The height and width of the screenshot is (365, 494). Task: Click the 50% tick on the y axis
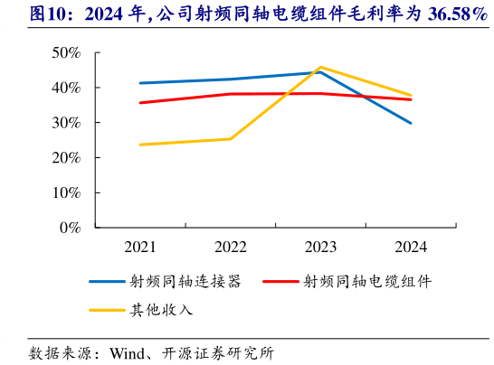tap(65, 53)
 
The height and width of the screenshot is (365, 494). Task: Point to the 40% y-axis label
tap(65, 89)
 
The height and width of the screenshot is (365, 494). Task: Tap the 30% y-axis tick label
tap(65, 123)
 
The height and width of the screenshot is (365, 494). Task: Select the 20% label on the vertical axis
tap(65, 158)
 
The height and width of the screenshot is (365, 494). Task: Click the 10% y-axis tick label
tap(65, 192)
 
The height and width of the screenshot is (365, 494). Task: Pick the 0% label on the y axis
tap(70, 228)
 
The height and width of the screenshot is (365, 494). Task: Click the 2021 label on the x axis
tap(139, 246)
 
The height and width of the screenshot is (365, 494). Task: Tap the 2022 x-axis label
tap(230, 246)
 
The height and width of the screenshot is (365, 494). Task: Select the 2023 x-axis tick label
tap(320, 246)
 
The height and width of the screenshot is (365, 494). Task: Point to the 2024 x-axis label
tap(411, 246)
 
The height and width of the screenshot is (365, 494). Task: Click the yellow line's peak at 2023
tap(320, 67)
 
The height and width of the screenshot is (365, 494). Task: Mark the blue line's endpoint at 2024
tap(411, 123)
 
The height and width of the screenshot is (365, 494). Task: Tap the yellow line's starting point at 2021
tap(139, 145)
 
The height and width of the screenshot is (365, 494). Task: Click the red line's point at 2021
tap(139, 102)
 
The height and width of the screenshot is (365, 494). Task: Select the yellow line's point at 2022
tap(230, 138)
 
